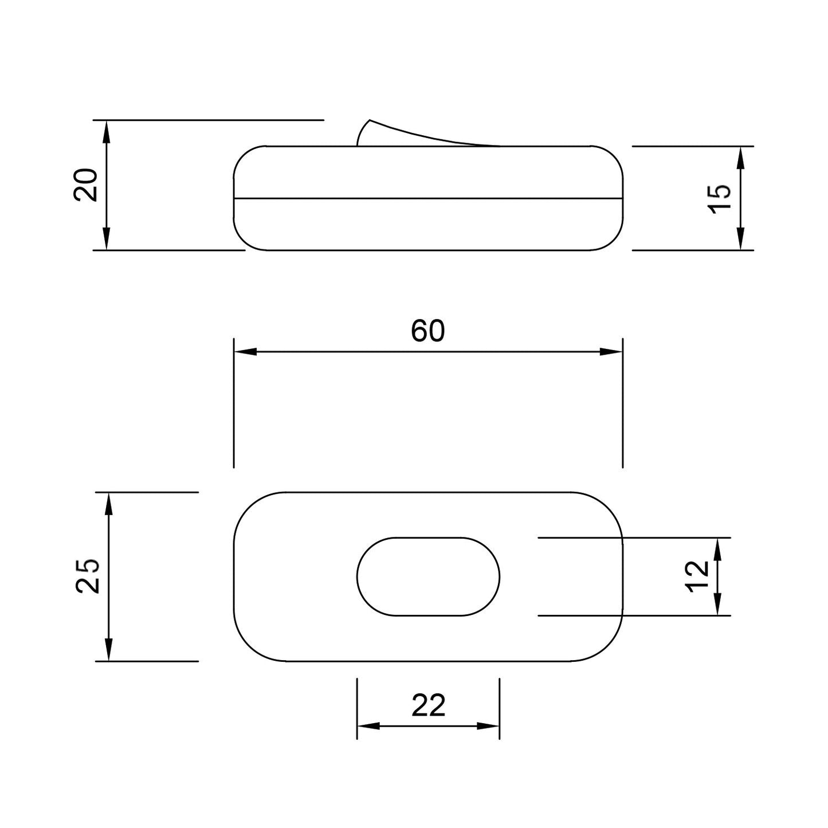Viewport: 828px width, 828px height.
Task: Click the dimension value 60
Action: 427,331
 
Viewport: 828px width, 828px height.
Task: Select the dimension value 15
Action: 719,198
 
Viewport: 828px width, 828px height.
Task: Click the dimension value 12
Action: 697,576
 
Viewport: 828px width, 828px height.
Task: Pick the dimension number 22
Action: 428,705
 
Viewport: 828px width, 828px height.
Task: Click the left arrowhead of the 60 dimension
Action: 245,351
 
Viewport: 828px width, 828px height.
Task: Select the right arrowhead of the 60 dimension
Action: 611,351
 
